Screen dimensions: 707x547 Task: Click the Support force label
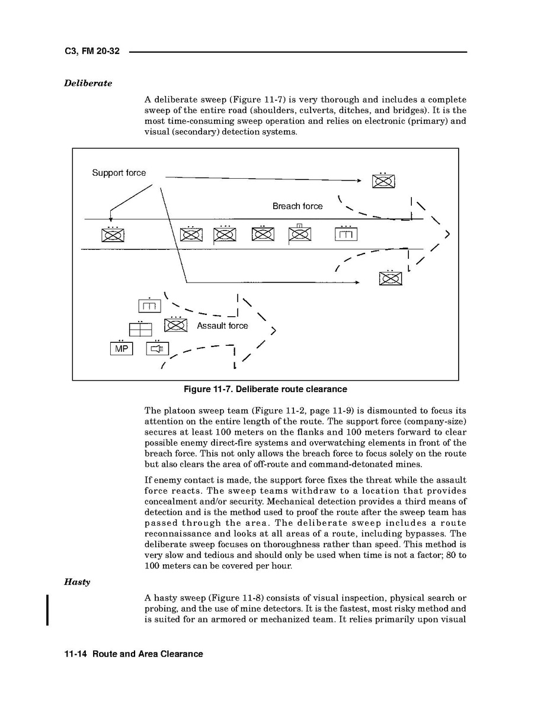click(119, 173)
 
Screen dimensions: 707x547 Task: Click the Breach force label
click(298, 206)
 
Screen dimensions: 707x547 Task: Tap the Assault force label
click(222, 326)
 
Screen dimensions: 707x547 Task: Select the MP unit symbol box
click(121, 349)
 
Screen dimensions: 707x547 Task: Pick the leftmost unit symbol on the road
click(113, 234)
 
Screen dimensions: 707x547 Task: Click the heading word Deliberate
click(88, 83)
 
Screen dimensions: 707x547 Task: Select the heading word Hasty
click(77, 582)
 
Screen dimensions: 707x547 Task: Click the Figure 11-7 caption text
click(265, 389)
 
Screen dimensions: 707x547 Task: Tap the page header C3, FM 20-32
click(92, 52)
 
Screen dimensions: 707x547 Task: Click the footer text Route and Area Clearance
click(148, 654)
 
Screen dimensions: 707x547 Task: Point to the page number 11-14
click(76, 654)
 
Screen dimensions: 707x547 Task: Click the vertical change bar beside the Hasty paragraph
click(47, 609)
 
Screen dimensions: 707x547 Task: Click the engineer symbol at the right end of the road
click(346, 234)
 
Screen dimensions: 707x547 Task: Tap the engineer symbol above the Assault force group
click(149, 306)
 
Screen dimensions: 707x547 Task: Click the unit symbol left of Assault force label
click(176, 325)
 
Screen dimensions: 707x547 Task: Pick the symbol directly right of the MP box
click(157, 349)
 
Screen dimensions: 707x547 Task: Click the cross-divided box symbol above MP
click(140, 330)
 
